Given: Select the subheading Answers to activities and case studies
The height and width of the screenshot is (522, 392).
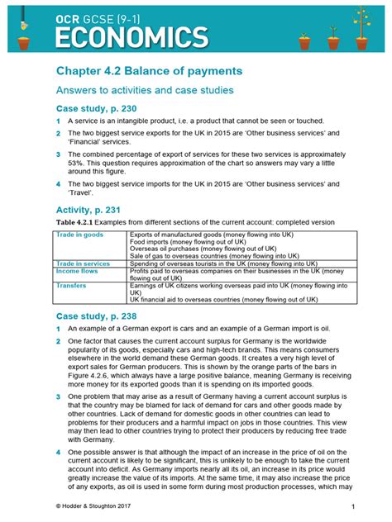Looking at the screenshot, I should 144,90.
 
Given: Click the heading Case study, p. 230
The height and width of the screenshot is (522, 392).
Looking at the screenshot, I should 95,109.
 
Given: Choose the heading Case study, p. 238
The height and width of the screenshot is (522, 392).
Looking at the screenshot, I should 95,316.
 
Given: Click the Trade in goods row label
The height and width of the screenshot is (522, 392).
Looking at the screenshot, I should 79,235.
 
